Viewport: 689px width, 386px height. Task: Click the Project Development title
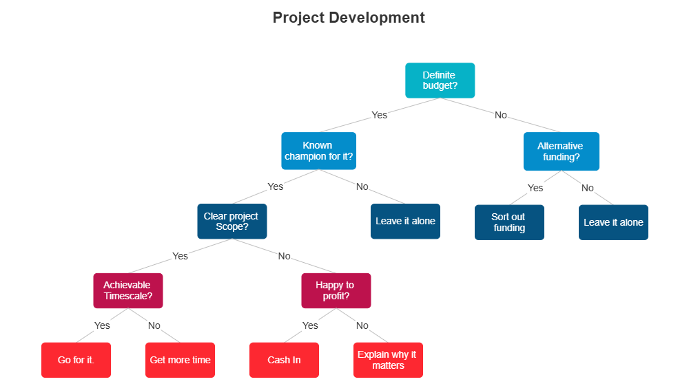coord(349,18)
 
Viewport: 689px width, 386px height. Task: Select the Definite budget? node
coord(440,81)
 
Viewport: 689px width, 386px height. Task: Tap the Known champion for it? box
coord(318,151)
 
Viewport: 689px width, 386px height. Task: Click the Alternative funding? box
coord(560,151)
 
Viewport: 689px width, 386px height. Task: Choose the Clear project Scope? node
coord(232,221)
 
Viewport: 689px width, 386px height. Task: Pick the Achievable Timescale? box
coord(127,290)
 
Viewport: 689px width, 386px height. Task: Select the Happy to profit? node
coord(336,290)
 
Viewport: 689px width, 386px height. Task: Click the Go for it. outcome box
coord(76,360)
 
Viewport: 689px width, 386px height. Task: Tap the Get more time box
coord(180,360)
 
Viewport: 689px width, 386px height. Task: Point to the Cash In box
coord(284,360)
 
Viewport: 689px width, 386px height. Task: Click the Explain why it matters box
coord(388,360)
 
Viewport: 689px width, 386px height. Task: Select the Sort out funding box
coord(509,222)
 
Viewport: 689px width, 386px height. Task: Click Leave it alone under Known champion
coord(405,222)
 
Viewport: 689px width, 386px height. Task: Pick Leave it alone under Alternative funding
coord(613,222)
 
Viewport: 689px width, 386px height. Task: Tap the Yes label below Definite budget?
coord(379,116)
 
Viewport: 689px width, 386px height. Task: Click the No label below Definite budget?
coord(501,116)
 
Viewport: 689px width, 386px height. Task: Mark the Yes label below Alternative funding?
coord(535,188)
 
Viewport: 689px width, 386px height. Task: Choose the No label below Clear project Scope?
coord(284,256)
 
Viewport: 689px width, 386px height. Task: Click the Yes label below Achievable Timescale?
coord(102,325)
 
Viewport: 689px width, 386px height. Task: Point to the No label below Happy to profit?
coord(362,325)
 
